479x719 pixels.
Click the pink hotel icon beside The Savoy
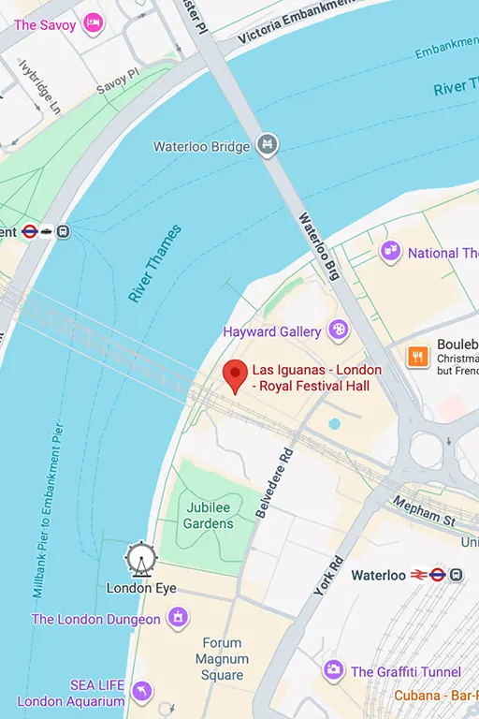93,22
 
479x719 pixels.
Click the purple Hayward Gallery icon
337,330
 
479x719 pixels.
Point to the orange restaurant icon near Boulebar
418,356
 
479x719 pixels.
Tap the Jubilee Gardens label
208,515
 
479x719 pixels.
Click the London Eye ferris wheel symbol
141,559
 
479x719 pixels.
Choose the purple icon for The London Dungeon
177,618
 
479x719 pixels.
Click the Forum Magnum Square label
222,659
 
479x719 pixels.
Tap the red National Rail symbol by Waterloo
419,575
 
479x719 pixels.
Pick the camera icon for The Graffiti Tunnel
333,670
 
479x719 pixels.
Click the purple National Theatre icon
390,252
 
